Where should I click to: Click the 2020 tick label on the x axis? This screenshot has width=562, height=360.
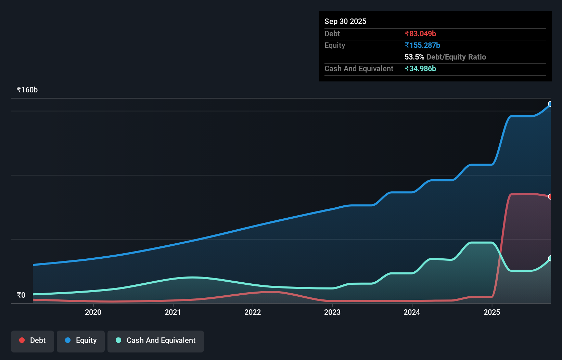pos(93,312)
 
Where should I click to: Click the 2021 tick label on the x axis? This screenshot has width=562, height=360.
pos(173,312)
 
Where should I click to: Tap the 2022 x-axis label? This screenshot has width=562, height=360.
pos(253,312)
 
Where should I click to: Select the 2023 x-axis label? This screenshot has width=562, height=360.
pos(332,312)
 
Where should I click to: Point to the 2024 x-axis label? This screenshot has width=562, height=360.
pos(412,312)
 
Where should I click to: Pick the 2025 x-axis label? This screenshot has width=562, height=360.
pos(492,312)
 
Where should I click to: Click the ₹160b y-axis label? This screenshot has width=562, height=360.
pos(27,90)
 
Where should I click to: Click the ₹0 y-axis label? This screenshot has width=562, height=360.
pos(21,295)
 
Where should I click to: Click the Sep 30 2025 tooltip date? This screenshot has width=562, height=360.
pos(345,21)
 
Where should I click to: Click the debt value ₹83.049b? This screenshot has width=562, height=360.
pos(420,34)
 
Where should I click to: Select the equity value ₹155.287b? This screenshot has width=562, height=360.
pos(422,45)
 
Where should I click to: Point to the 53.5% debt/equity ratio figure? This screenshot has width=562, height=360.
pos(414,57)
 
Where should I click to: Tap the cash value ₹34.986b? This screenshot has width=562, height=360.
pos(420,68)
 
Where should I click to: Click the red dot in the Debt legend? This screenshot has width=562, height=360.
pos(22,340)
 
